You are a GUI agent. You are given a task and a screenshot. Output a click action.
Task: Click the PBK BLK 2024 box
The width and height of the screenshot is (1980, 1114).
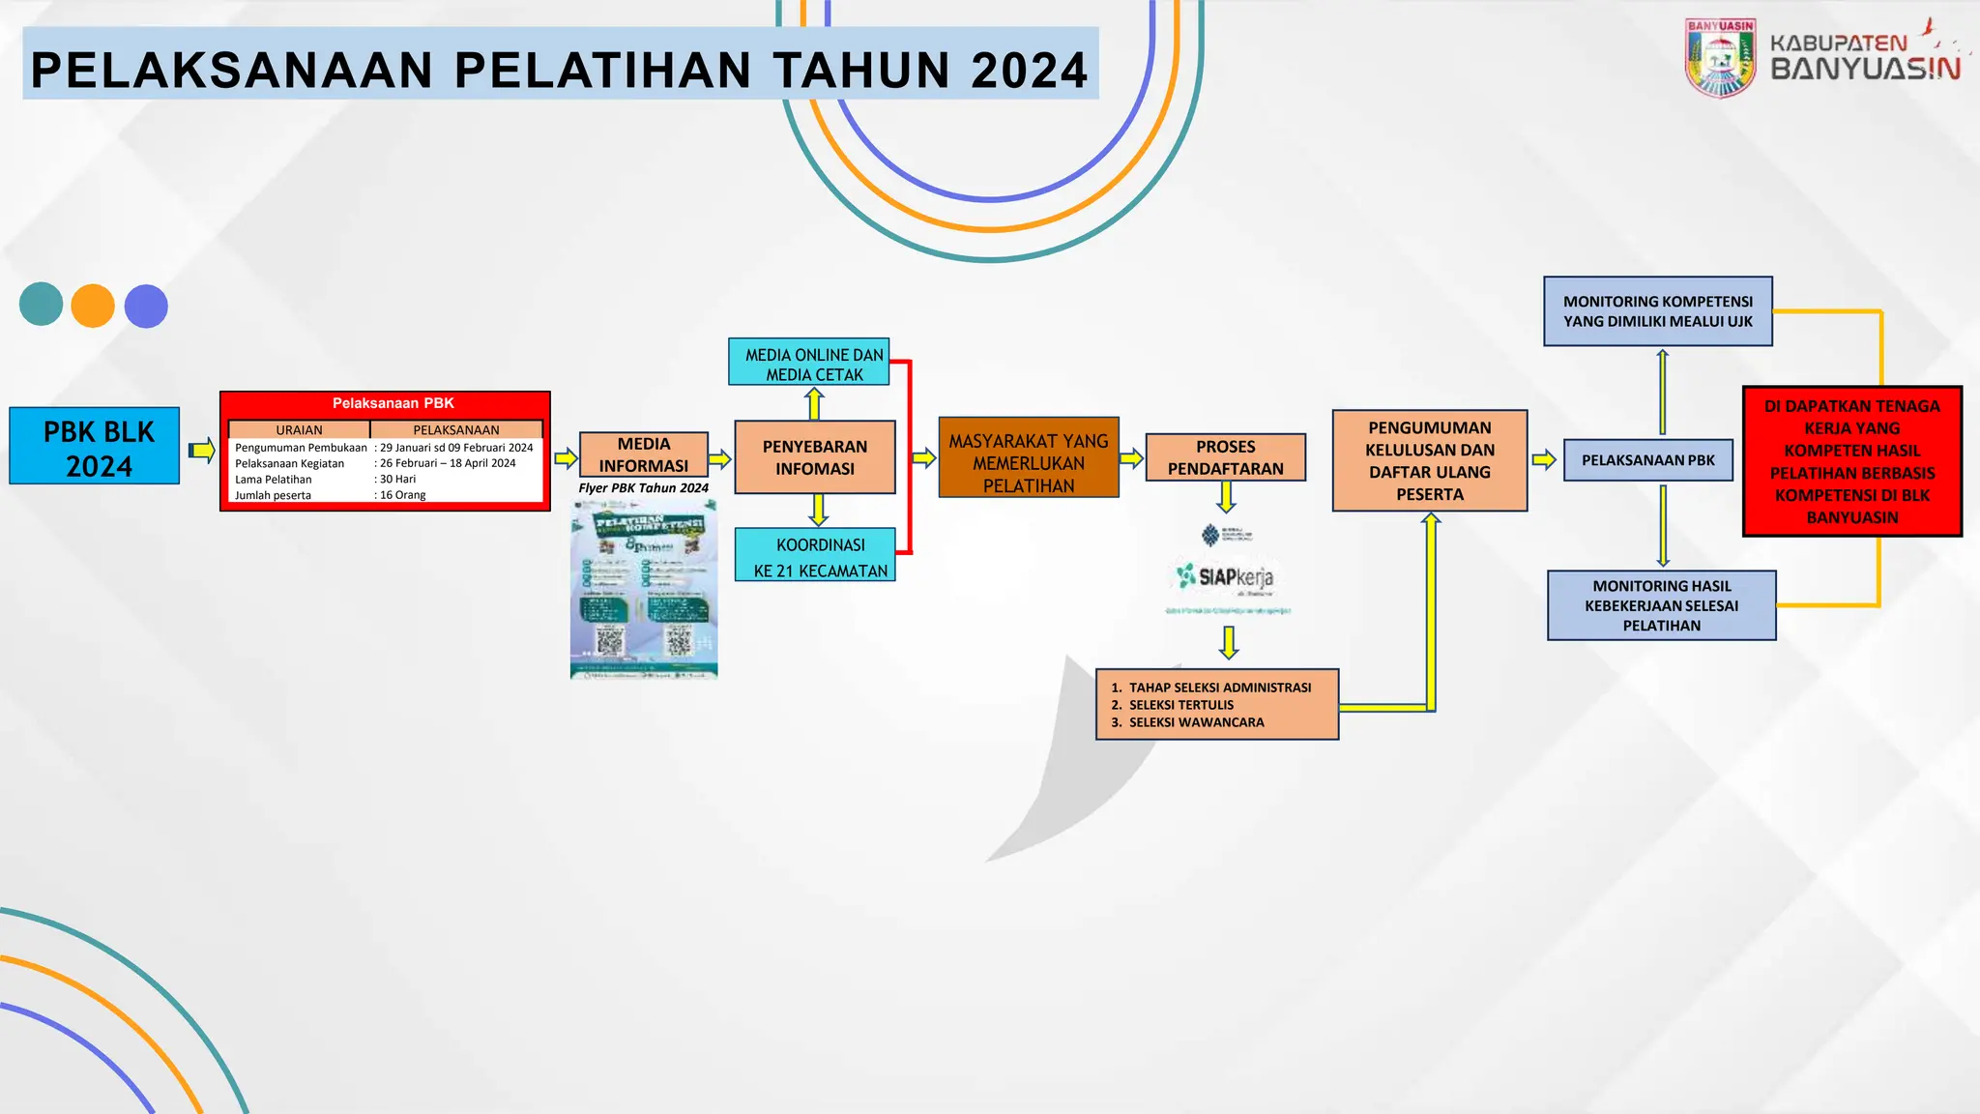[x=95, y=446]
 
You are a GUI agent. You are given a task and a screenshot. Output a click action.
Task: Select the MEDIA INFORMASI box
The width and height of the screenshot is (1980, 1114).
[x=644, y=454]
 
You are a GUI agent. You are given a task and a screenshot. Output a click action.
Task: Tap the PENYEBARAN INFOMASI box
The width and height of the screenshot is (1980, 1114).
[x=815, y=457]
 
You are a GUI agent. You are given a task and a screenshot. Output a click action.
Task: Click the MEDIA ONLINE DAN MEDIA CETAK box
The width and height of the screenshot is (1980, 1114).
[x=809, y=363]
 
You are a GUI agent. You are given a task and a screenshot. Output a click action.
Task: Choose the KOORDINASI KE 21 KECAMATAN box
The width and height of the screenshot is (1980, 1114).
[x=816, y=555]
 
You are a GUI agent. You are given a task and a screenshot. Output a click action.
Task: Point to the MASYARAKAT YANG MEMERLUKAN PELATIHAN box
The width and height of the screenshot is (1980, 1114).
[x=1029, y=458]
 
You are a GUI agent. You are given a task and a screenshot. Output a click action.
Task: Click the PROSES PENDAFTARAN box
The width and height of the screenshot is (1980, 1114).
[x=1225, y=457]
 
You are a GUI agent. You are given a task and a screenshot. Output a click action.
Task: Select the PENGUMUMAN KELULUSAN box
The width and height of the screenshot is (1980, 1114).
[x=1430, y=460]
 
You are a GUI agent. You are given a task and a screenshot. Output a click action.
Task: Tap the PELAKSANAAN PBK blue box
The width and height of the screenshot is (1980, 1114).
[x=1647, y=460]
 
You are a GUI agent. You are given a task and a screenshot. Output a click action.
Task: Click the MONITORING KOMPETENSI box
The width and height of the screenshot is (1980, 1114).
[x=1657, y=311]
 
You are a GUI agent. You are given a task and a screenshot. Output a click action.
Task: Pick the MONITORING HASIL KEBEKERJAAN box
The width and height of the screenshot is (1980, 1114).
[x=1661, y=605]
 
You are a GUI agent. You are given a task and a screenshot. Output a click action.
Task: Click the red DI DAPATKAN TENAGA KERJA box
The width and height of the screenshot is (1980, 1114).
[x=1851, y=461]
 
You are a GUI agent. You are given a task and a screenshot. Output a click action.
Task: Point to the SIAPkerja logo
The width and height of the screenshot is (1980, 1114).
[x=1226, y=576]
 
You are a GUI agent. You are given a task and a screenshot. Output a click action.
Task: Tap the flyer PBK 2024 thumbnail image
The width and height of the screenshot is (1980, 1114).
[x=644, y=590]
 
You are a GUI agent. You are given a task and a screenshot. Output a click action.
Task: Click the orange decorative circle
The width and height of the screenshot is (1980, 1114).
[x=93, y=306]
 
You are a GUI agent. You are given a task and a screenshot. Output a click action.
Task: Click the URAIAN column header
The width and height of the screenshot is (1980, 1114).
[x=299, y=429]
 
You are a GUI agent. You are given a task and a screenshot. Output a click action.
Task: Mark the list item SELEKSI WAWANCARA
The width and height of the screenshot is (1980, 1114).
[x=1196, y=722]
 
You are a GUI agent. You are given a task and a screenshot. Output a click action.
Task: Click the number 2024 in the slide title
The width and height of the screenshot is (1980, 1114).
[x=1030, y=71]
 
